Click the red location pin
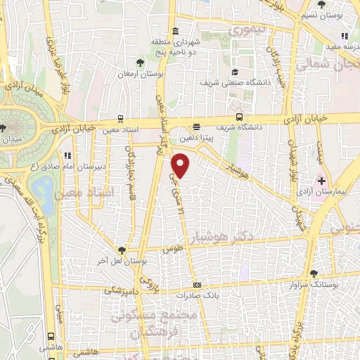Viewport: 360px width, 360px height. (181, 166)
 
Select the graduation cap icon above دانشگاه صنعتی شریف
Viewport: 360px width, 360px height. (234, 72)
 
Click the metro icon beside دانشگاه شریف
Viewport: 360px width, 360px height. (240, 117)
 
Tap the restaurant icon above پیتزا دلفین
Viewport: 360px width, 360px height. (197, 127)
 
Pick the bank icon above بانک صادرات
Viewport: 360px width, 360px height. (197, 285)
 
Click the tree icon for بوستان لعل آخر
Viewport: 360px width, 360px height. (123, 250)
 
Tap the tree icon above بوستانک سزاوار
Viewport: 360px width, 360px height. (314, 274)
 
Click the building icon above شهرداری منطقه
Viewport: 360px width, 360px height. (174, 31)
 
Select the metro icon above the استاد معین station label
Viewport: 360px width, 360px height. (122, 119)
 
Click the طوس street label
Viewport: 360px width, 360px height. (169, 250)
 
